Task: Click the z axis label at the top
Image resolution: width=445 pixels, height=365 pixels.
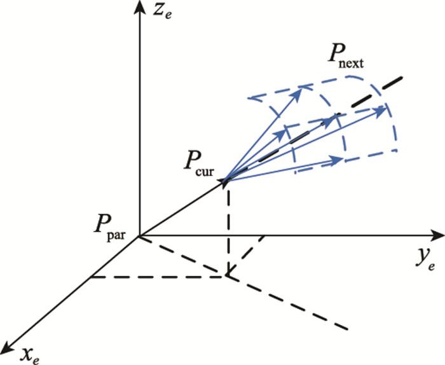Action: (x=161, y=12)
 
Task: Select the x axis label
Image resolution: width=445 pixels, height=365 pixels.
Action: (x=31, y=354)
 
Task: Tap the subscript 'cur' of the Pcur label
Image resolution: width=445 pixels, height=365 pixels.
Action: (x=205, y=171)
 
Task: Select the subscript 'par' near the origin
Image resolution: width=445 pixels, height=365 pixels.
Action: (x=116, y=235)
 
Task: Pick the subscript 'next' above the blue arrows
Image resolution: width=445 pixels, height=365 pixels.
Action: (x=351, y=64)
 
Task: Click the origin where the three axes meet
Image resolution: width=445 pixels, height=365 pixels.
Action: (x=139, y=235)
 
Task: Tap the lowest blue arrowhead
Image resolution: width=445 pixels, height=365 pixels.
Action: (x=336, y=161)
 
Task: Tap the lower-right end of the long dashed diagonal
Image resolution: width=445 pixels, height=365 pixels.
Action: (x=347, y=329)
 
